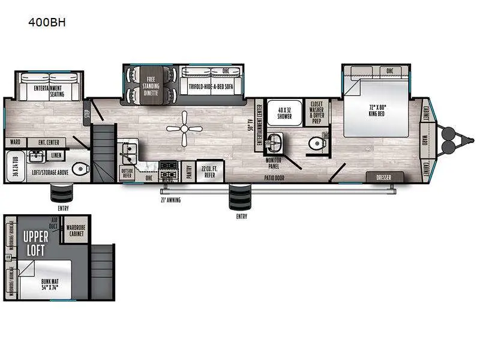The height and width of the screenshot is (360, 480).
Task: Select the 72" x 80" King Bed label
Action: pyautogui.click(x=377, y=109)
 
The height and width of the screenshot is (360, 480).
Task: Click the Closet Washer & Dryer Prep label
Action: pyautogui.click(x=316, y=111)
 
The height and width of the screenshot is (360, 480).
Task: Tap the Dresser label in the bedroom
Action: pyautogui.click(x=383, y=178)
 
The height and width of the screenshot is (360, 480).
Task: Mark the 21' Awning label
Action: pyautogui.click(x=170, y=199)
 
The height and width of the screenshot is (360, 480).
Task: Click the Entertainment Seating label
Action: pyautogui.click(x=49, y=91)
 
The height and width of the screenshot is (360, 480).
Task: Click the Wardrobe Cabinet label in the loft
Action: pyautogui.click(x=76, y=230)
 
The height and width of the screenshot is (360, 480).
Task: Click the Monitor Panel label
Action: pyautogui.click(x=275, y=161)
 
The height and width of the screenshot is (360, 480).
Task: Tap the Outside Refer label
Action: pyautogui.click(x=127, y=173)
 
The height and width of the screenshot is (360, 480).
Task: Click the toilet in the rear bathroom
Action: pyautogui.click(x=79, y=167)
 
